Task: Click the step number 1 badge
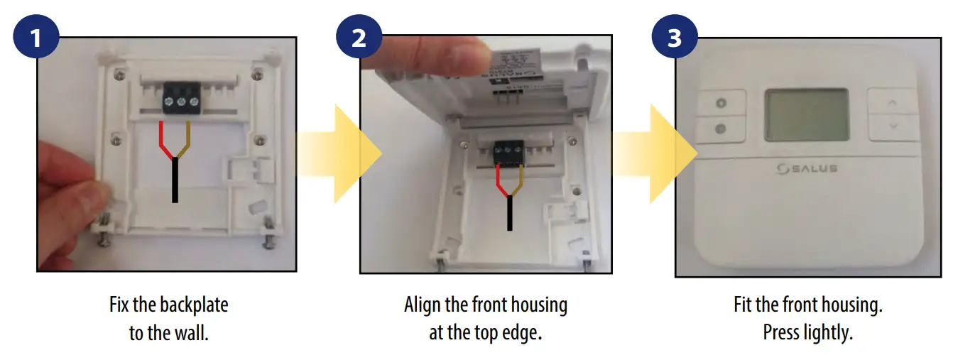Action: pyautogui.click(x=36, y=38)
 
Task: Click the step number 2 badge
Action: pyautogui.click(x=359, y=38)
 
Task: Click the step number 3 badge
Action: pyautogui.click(x=674, y=38)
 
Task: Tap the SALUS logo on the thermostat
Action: pyautogui.click(x=807, y=168)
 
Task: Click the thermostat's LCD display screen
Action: pyautogui.click(x=807, y=115)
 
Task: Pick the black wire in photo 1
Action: pyautogui.click(x=174, y=180)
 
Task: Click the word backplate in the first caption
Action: pyautogui.click(x=194, y=306)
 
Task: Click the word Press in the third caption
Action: pyautogui.click(x=783, y=332)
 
